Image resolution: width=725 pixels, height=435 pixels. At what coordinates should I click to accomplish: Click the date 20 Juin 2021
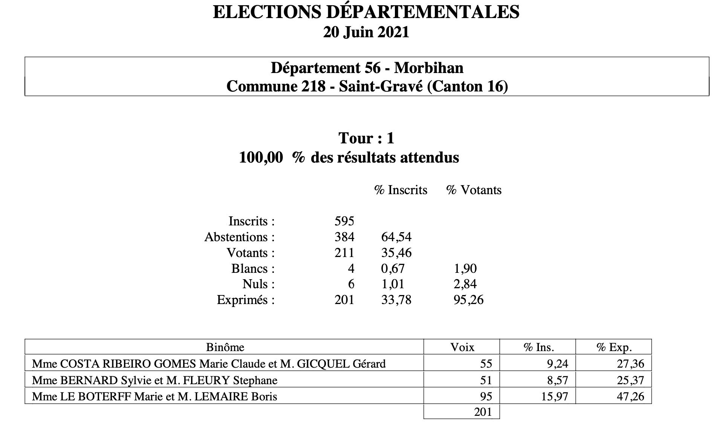coord(366,32)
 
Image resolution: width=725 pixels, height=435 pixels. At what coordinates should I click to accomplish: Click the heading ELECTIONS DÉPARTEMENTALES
coord(366,12)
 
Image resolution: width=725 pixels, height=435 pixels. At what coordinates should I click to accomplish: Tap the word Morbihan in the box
coord(429,68)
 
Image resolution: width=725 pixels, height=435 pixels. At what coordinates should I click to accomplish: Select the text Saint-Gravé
coord(381,87)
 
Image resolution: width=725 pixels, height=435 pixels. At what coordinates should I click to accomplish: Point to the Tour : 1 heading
coord(366,138)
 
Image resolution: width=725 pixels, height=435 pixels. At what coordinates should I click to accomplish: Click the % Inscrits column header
coord(401,190)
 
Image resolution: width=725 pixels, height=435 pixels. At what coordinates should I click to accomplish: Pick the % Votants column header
coord(474,190)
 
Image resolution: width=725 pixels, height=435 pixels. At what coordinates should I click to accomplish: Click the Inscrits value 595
coord(344,221)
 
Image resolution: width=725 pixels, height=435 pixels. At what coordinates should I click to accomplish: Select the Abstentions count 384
coord(344,237)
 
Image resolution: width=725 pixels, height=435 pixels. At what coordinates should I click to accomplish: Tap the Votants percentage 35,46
coord(396,253)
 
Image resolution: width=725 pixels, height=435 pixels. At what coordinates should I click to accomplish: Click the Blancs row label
coord(253,269)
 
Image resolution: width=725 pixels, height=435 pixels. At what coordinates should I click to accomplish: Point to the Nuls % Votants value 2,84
coord(465,284)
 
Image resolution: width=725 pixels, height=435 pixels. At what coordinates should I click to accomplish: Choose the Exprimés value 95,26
coord(468,300)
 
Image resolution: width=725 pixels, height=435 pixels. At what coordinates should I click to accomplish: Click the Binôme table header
coord(225,347)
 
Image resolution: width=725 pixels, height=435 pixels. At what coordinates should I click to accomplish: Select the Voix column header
coord(462,347)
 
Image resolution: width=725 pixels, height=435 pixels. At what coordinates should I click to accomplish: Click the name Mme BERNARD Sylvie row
coord(154,380)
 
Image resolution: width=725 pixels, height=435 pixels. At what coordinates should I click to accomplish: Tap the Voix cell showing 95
coord(486,397)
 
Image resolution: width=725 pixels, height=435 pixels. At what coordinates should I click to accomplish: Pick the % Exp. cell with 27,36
coord(630,364)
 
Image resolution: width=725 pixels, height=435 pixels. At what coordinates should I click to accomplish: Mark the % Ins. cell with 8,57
coord(557,380)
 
